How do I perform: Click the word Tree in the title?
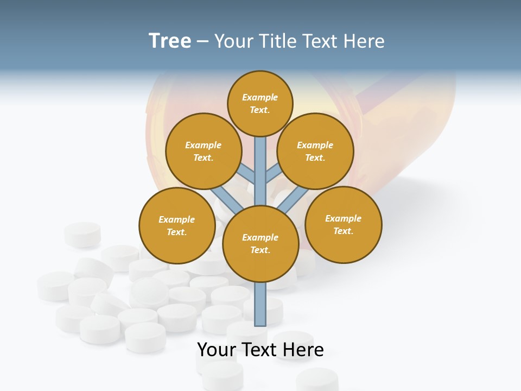tap(170, 41)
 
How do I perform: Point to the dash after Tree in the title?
tap(202, 42)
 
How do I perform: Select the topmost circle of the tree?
tap(260, 103)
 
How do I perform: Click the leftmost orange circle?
tap(177, 225)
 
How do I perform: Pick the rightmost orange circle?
tap(344, 224)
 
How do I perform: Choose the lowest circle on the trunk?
tap(260, 244)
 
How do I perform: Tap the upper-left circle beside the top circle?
tap(204, 151)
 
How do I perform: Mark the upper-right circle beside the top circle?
tap(315, 151)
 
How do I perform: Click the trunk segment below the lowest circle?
tap(260, 304)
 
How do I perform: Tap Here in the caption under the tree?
tap(303, 350)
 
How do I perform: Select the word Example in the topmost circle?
tap(260, 97)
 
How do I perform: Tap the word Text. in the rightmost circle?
tap(343, 231)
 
